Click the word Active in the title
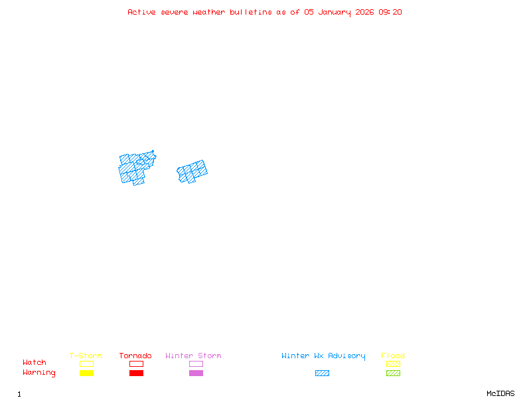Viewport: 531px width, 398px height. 141,12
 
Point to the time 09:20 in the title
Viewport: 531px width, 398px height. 390,12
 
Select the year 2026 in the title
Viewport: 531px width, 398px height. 365,12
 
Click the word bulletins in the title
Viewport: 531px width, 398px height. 251,12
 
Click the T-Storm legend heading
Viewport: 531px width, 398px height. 86,356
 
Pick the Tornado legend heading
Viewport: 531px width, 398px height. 135,356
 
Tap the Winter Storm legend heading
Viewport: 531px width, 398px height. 193,356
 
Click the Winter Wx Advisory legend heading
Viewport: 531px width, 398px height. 323,356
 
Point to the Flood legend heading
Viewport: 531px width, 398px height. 393,356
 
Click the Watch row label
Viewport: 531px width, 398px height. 35,363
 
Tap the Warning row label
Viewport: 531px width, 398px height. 39,373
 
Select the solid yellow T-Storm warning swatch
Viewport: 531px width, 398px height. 86,373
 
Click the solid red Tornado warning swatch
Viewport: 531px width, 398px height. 136,373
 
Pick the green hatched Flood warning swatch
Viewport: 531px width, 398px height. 393,373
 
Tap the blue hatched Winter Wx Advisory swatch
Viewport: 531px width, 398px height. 322,373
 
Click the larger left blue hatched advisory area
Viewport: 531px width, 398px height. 135,168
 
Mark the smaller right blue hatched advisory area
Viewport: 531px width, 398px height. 192,171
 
